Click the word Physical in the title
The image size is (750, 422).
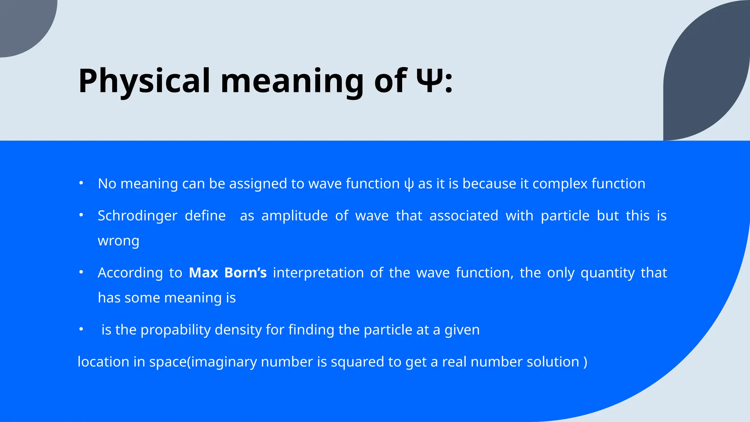[x=144, y=81]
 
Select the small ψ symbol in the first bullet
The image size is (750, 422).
[x=409, y=184]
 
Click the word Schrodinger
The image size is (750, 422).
[x=137, y=216]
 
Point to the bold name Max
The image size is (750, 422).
[x=203, y=273]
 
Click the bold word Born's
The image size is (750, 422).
[x=245, y=273]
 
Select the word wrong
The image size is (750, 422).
[x=118, y=241]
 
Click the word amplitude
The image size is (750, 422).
[x=294, y=216]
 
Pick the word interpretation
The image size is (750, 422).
[x=318, y=273]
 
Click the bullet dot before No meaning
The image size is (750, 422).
[x=81, y=183]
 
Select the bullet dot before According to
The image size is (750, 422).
[x=81, y=272]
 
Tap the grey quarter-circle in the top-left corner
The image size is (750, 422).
[x=22, y=22]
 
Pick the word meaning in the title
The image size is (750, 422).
[x=292, y=81]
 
